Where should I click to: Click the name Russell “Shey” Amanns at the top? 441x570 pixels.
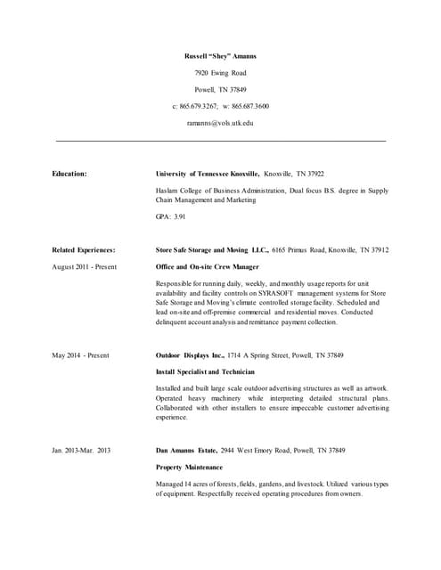[x=220, y=55]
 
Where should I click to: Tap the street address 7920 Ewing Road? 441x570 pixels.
[x=220, y=72]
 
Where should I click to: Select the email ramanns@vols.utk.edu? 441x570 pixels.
[x=220, y=123]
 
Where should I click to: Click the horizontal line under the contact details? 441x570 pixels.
[x=220, y=141]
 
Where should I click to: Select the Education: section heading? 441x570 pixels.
[x=69, y=174]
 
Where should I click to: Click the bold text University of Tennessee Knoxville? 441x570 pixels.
[x=207, y=174]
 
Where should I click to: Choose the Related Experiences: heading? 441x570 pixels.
[x=84, y=250]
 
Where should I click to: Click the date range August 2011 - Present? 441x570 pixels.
[x=84, y=266]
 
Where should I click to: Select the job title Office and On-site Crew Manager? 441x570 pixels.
[x=207, y=266]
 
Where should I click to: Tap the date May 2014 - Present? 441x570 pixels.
[x=80, y=355]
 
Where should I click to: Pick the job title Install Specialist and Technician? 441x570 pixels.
[x=205, y=371]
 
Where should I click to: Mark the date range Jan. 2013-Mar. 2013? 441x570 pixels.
[x=81, y=451]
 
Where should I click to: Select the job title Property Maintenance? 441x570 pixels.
[x=189, y=467]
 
